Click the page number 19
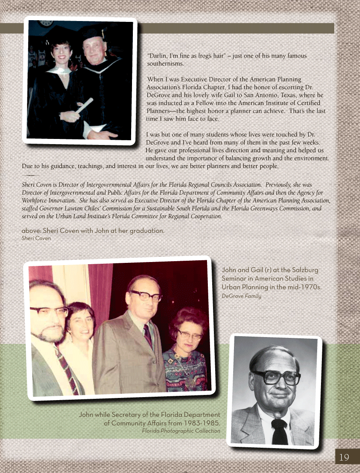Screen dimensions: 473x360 (344, 457)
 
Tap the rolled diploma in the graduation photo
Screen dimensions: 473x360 (84, 105)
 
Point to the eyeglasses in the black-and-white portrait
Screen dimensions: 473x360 (276, 377)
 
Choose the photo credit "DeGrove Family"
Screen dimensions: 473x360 (241, 296)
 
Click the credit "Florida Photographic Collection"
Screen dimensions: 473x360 (181, 431)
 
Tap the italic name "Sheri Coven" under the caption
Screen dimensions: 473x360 (36, 238)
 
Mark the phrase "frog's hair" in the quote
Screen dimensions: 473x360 (210, 56)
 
